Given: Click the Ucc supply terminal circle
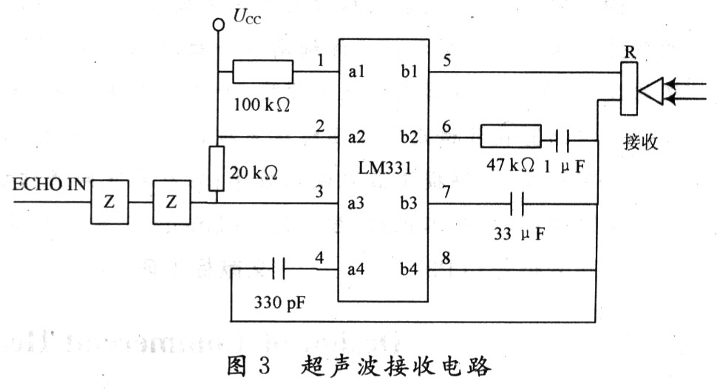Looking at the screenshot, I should tap(218, 24).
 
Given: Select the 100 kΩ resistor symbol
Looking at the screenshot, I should tap(262, 72).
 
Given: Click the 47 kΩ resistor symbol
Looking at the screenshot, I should tap(510, 138).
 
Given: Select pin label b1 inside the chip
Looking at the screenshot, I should tap(409, 72).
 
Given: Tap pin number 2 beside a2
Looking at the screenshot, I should tap(319, 126).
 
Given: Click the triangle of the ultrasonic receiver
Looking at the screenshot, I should tap(652, 90).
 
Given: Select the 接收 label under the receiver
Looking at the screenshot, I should tap(640, 143).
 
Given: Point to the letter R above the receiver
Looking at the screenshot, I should tap(628, 53).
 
